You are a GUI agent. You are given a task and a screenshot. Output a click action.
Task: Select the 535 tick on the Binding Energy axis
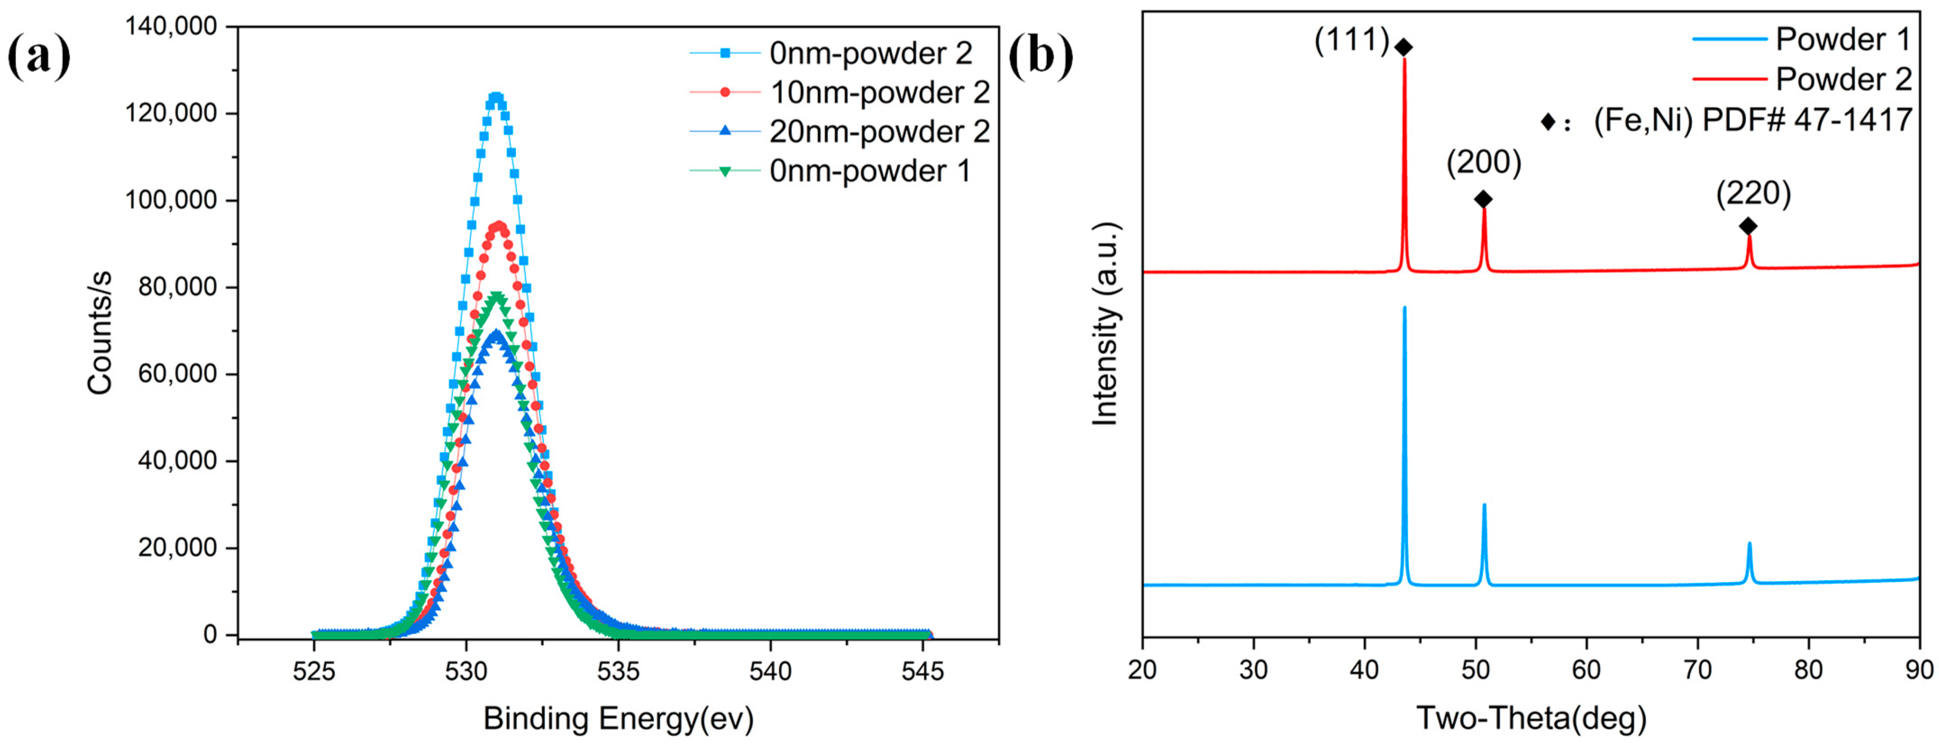click(x=618, y=671)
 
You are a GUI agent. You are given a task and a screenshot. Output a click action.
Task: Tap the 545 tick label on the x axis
click(x=922, y=671)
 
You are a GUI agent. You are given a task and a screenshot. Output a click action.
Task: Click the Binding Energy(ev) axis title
click(x=618, y=719)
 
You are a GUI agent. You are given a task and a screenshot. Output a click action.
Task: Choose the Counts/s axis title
click(x=100, y=332)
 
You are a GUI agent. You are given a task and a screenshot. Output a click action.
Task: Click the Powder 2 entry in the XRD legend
click(x=1843, y=79)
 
